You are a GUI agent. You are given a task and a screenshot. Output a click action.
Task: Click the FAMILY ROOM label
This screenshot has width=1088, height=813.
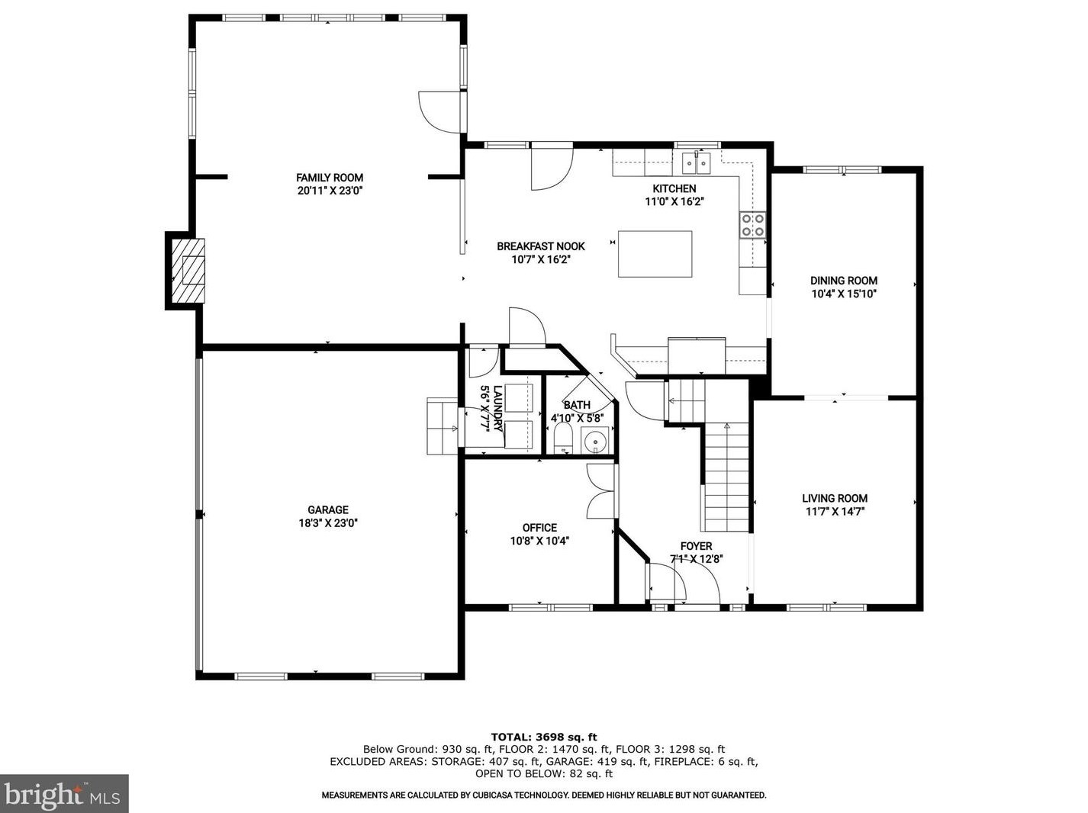point(330,178)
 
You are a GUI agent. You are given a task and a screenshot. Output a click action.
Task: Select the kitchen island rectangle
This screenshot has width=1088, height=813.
point(655,254)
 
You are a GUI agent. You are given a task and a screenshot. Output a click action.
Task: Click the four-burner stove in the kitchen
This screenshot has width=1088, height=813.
point(752,225)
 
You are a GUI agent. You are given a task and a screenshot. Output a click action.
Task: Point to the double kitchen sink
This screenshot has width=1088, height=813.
point(696,162)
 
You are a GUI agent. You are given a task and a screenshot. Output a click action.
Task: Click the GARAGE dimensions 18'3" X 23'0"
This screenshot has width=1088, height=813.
point(328,523)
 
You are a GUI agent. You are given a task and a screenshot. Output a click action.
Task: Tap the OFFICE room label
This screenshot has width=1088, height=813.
point(539,528)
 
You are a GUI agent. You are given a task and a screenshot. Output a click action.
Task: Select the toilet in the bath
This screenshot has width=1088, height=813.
point(563,439)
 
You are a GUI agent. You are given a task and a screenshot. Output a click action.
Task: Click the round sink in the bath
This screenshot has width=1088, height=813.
point(594,440)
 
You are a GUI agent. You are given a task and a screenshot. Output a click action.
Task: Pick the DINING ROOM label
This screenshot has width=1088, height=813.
point(844,280)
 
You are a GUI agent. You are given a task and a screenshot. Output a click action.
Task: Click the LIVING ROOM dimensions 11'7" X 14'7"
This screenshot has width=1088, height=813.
point(835,512)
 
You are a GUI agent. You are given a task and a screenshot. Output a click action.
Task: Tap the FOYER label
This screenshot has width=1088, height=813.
point(696,546)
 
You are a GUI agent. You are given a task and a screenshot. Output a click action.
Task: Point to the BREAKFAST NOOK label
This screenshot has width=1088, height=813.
point(541,246)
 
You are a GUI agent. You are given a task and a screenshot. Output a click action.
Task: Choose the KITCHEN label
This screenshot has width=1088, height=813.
point(674,188)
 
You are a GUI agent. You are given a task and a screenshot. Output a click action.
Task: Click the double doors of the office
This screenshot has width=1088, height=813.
point(601,491)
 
